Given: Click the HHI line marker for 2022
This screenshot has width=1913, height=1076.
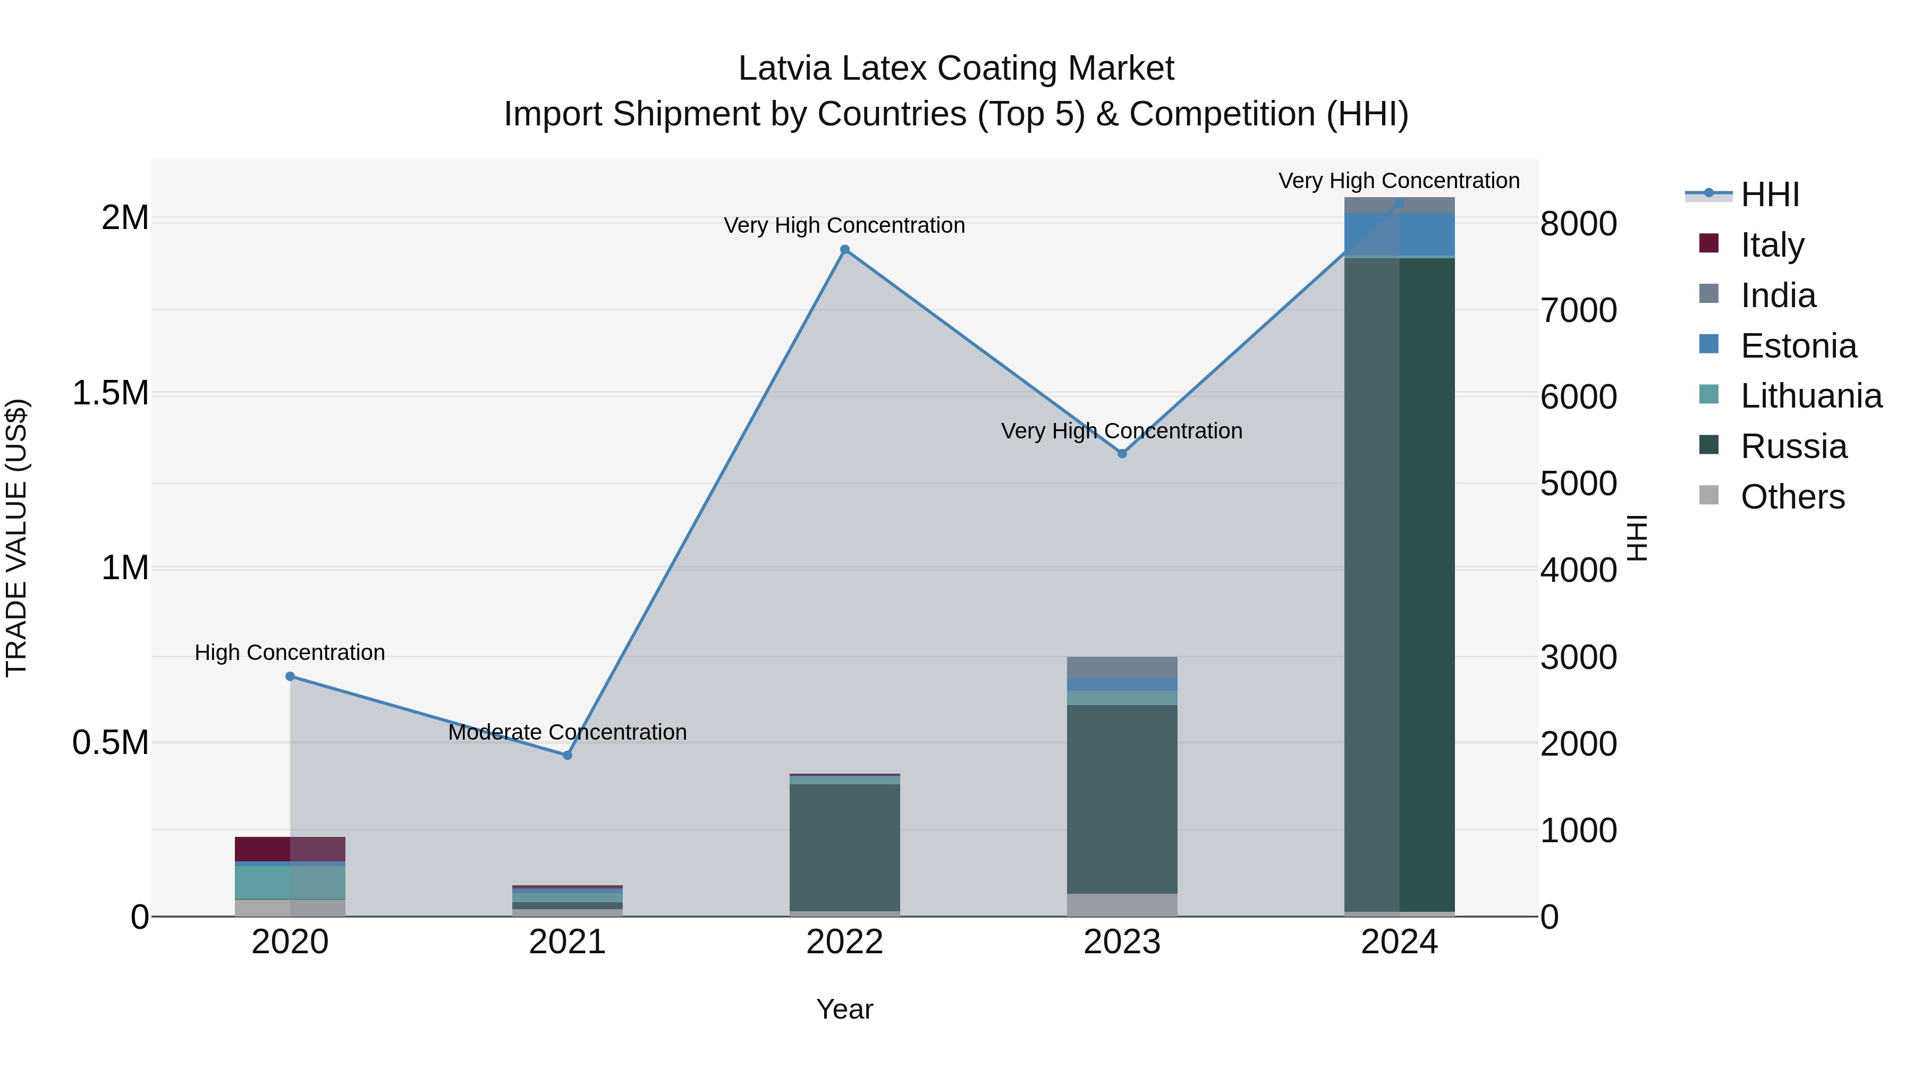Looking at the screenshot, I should (844, 250).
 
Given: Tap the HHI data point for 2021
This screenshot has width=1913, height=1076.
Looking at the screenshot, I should (568, 755).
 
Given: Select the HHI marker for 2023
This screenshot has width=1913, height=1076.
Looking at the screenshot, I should (1122, 453).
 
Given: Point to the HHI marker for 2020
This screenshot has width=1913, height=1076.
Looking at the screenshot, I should (290, 676).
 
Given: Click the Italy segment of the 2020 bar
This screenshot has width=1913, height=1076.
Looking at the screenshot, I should (290, 849).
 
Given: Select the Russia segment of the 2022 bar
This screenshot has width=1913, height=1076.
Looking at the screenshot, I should (844, 846).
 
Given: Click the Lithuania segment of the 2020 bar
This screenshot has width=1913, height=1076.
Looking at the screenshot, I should (290, 882).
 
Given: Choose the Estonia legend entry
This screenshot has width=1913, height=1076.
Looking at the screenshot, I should (1797, 346).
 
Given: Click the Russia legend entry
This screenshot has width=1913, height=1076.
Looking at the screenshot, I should (1793, 446).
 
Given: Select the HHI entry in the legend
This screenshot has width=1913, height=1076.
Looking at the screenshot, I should (1769, 194).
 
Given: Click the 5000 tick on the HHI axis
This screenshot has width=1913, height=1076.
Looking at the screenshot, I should (1578, 484).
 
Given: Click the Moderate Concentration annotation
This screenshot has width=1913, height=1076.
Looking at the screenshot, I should (568, 732).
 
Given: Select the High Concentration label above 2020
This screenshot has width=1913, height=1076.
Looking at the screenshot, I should (290, 652).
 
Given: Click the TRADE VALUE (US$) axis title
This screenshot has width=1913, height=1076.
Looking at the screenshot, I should (16, 538).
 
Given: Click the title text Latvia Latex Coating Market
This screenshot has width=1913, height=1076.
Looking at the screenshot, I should (956, 69).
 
